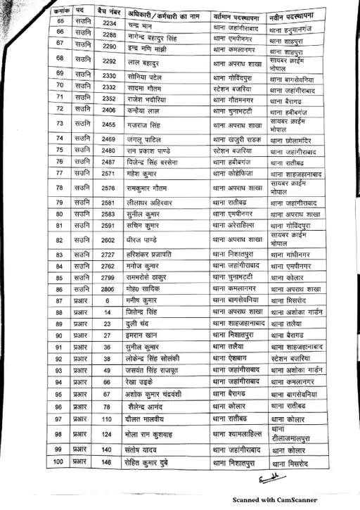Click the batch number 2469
coord(109,139)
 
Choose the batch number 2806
coord(108,288)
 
